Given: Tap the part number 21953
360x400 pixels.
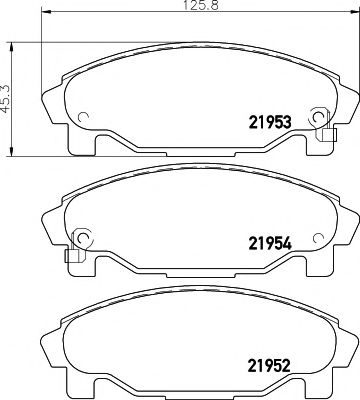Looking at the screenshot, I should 267,122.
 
